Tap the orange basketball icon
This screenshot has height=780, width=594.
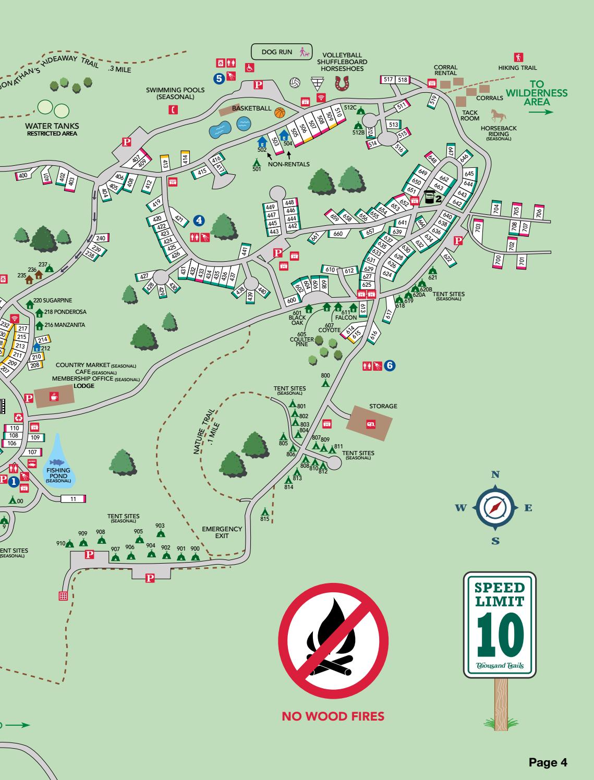pyautogui.click(x=280, y=113)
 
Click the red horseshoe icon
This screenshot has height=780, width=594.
pyautogui.click(x=342, y=83)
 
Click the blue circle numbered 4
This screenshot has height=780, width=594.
pyautogui.click(x=199, y=221)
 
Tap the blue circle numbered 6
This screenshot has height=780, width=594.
pyautogui.click(x=390, y=366)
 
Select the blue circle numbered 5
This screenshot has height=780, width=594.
pyautogui.click(x=219, y=78)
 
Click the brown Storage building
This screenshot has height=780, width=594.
pyautogui.click(x=369, y=423)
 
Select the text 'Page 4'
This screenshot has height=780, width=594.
pyautogui.click(x=548, y=762)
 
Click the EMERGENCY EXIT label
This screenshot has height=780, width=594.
pyautogui.click(x=222, y=532)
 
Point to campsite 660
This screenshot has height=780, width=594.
pyautogui.click(x=338, y=234)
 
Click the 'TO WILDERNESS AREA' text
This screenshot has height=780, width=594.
pyautogui.click(x=537, y=93)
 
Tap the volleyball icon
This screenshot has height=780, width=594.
pyautogui.click(x=296, y=83)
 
